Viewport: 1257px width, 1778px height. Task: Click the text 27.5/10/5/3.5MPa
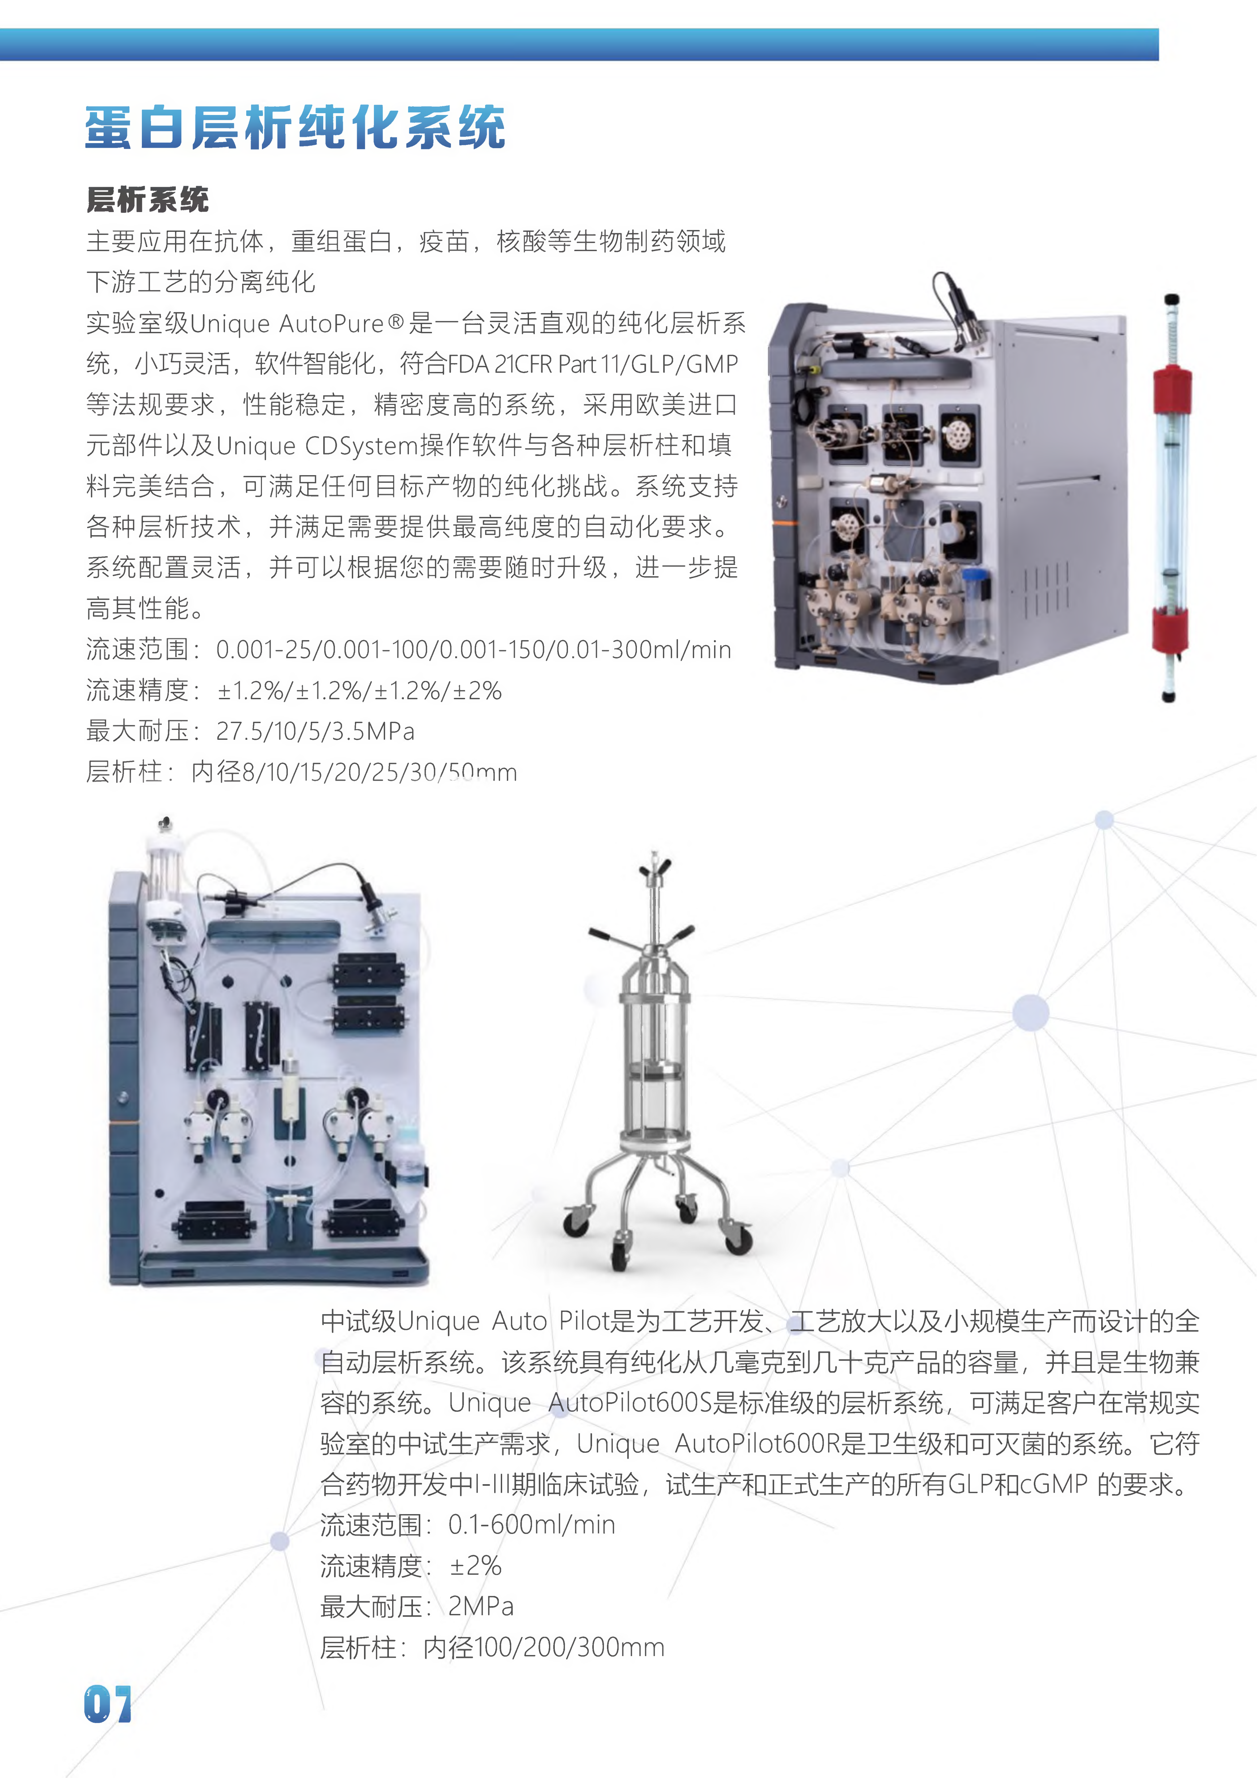315,731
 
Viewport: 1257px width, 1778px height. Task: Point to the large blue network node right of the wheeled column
1030,1012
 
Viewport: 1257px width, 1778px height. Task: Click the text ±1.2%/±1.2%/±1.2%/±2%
359,690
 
